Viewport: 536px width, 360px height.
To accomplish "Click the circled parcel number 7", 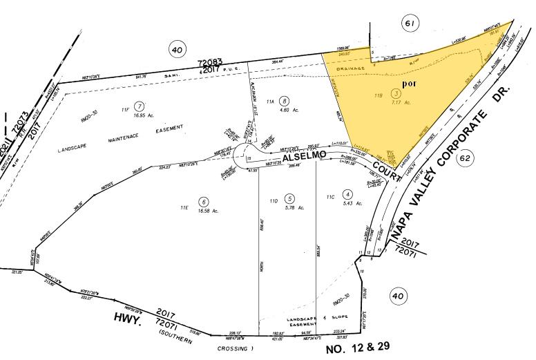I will [140, 106].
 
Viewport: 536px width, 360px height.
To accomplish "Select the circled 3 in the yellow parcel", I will [395, 93].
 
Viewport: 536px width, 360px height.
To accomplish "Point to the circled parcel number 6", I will [203, 202].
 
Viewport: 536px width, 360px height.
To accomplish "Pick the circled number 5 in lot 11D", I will [290, 198].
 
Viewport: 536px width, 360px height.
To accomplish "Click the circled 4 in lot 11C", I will [348, 194].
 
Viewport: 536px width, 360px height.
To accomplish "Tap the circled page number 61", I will [410, 23].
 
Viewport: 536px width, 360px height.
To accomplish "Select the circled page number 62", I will [465, 158].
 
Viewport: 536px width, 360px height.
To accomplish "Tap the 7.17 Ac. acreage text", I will [402, 103].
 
